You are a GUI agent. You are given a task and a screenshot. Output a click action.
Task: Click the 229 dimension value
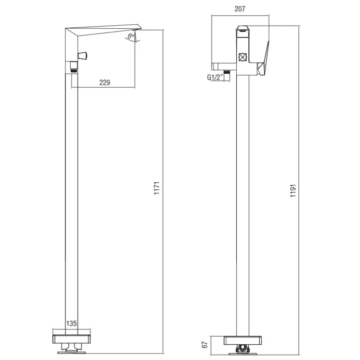(105, 82)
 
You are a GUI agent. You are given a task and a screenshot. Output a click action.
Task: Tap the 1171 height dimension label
(157, 188)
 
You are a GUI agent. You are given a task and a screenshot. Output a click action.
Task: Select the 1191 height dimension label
(293, 190)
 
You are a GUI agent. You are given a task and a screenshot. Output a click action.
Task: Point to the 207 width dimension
(240, 9)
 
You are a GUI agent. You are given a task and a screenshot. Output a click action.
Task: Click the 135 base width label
(72, 324)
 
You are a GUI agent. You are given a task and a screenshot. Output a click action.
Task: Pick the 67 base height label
(204, 345)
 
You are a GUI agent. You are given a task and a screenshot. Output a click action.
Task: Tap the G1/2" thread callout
(215, 77)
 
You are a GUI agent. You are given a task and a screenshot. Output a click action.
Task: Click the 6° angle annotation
(131, 36)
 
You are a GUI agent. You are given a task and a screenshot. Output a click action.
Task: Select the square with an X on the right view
(243, 57)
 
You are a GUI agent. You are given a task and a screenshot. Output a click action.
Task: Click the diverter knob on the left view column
(83, 56)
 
